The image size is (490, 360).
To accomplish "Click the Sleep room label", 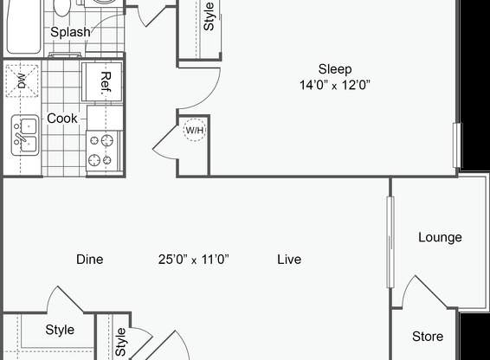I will [334, 69].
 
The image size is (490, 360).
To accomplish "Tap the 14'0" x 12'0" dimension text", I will [334, 85].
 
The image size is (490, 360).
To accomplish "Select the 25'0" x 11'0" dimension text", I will [192, 259].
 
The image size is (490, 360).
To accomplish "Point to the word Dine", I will [90, 259].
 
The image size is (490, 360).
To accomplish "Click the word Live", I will [289, 259].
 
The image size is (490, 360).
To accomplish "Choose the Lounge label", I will [439, 237].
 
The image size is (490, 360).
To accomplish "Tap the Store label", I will [428, 337].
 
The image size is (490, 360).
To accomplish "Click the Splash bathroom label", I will [70, 32].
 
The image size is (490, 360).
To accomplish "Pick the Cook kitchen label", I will [62, 118].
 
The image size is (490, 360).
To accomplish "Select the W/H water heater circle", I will [195, 131].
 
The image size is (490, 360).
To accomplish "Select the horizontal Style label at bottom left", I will [60, 330].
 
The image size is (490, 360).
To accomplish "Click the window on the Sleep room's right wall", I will [456, 143].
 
